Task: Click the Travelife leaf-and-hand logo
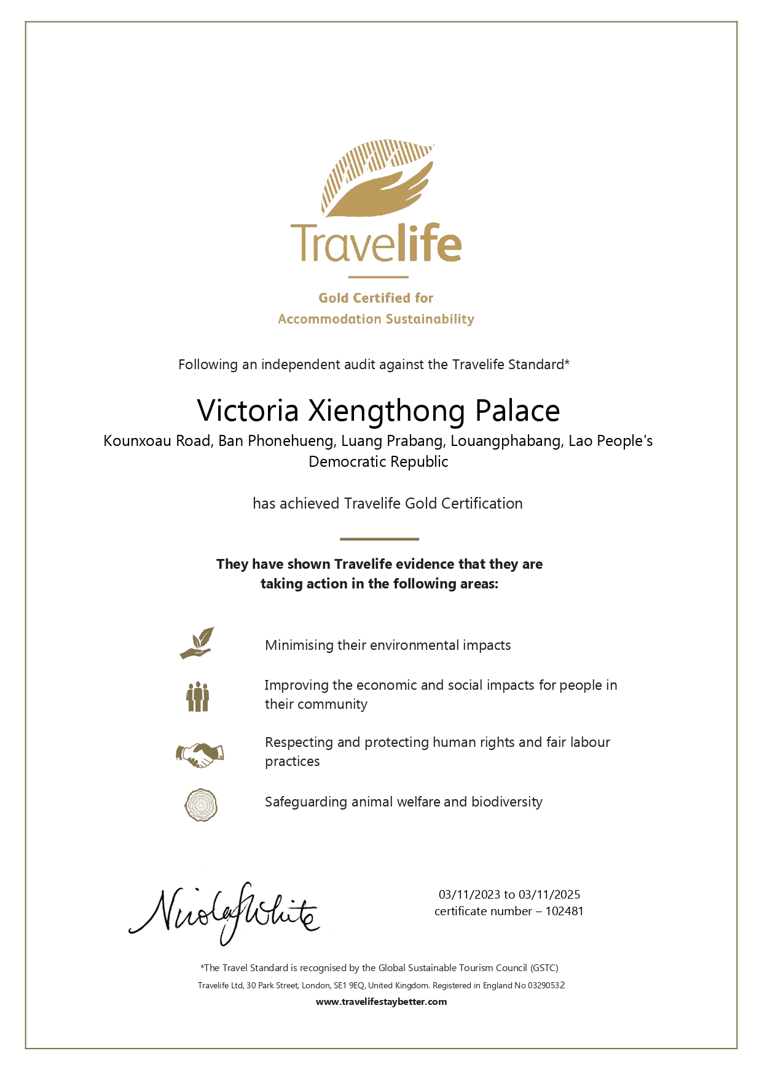[x=377, y=179]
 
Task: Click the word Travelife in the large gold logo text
[x=376, y=243]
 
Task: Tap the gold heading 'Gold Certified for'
[x=375, y=298]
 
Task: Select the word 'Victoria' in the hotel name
[x=248, y=410]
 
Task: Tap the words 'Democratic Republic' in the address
[x=378, y=462]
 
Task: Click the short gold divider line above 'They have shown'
[x=379, y=539]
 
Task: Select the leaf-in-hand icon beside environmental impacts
[x=197, y=643]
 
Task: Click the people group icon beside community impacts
[x=198, y=697]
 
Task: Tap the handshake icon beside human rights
[x=200, y=754]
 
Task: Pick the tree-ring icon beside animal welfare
[x=201, y=805]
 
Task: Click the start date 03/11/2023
[x=469, y=895]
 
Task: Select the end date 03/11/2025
[x=549, y=895]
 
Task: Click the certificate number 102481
[x=564, y=912]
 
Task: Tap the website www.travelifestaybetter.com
[x=381, y=1002]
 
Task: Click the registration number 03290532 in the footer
[x=546, y=985]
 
